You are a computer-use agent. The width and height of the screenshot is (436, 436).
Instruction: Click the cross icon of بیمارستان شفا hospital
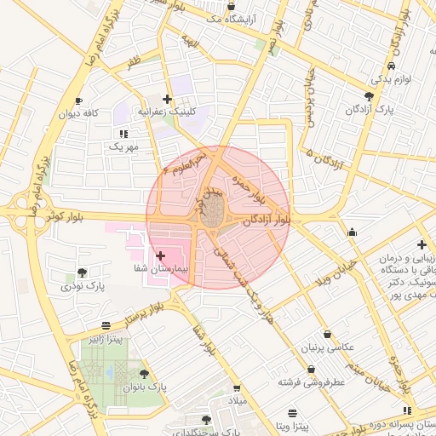(161, 255)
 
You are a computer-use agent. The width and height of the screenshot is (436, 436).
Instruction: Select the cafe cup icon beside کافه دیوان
(79, 100)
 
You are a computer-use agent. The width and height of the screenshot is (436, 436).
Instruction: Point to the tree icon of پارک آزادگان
(368, 96)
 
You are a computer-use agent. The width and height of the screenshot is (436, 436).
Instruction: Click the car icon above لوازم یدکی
(390, 66)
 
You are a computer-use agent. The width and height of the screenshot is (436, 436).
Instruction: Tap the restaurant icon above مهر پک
(123, 134)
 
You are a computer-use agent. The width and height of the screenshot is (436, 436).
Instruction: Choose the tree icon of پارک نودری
(82, 272)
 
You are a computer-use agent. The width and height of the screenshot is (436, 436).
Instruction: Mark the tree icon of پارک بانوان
(143, 373)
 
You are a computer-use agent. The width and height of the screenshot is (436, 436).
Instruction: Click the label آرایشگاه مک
(229, 17)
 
